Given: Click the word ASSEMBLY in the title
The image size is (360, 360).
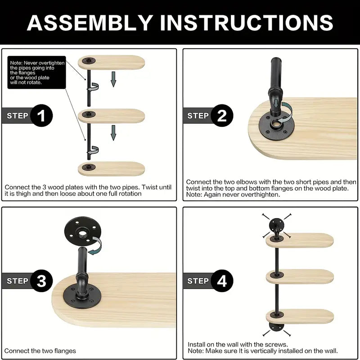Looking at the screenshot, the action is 90,22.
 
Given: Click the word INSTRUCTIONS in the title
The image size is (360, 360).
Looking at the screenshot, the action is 247,22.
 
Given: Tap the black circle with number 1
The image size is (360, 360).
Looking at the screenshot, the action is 41,116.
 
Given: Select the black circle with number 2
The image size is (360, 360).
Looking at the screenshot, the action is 222,116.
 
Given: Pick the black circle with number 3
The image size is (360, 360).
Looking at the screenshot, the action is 41,281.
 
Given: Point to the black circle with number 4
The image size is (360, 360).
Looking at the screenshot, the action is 222,281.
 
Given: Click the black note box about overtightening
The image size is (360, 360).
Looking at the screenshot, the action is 37,72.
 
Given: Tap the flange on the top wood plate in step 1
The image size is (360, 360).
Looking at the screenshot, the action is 89,61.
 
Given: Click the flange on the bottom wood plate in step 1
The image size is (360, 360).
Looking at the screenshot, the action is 89,167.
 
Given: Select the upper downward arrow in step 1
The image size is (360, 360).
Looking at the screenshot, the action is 113,79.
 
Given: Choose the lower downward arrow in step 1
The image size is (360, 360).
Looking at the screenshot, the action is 113,133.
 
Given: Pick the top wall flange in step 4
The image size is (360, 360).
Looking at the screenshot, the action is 276,225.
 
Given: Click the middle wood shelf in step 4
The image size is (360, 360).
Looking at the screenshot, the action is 300,277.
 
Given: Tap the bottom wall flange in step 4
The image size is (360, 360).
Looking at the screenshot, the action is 276,327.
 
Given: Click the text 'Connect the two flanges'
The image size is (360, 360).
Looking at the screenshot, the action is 40,351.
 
